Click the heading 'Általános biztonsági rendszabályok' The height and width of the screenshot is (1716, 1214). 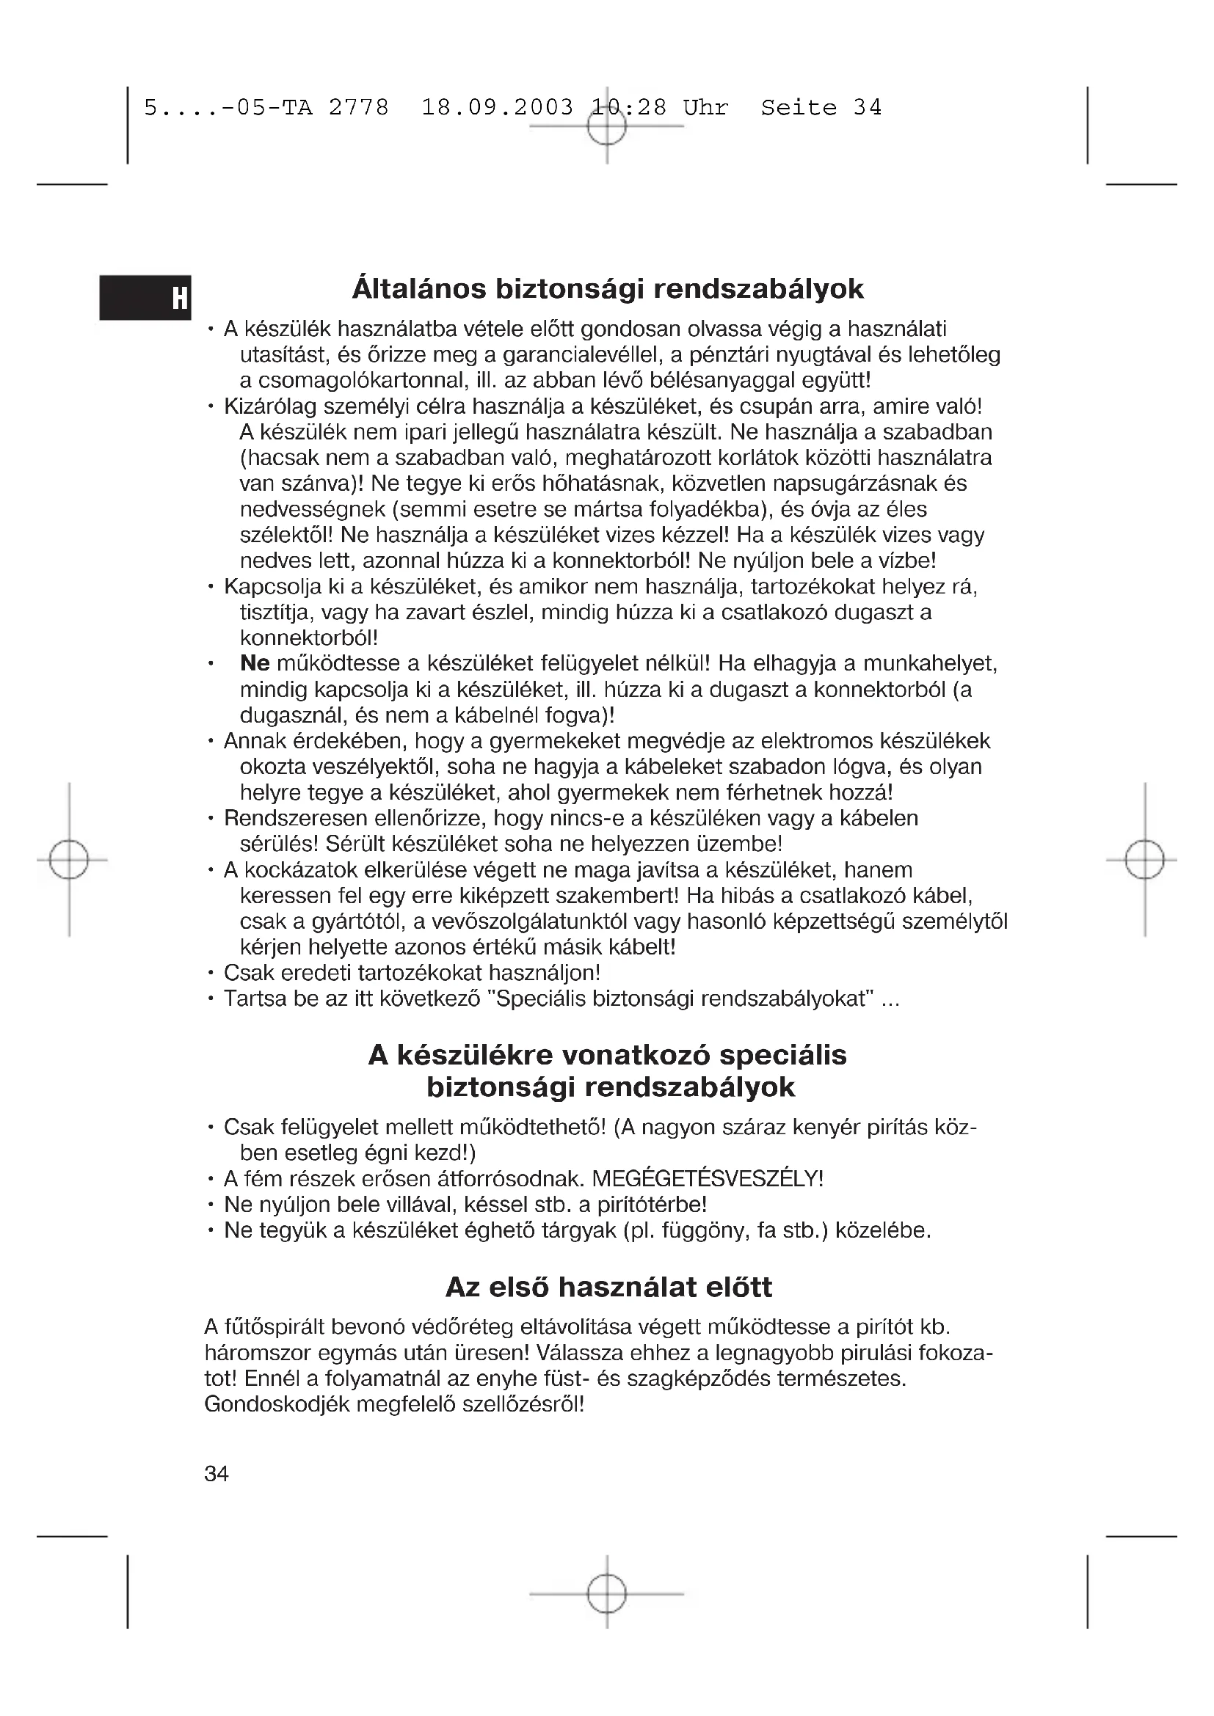[607, 289]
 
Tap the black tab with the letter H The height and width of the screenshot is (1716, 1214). [146, 297]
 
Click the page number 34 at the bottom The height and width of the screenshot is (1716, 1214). [216, 1489]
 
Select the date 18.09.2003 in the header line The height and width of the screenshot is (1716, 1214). [497, 108]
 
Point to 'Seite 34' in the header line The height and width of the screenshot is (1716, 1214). [821, 108]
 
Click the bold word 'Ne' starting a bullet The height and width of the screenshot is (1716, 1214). [255, 664]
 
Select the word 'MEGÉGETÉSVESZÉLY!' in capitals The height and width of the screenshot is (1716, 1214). [707, 1179]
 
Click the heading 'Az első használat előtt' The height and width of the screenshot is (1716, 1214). [608, 1286]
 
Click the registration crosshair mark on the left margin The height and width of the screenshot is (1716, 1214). [69, 861]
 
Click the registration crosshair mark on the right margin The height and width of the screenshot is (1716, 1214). [1144, 861]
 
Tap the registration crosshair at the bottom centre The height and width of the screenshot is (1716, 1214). [606, 1594]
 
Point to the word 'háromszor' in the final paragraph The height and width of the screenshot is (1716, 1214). [258, 1354]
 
